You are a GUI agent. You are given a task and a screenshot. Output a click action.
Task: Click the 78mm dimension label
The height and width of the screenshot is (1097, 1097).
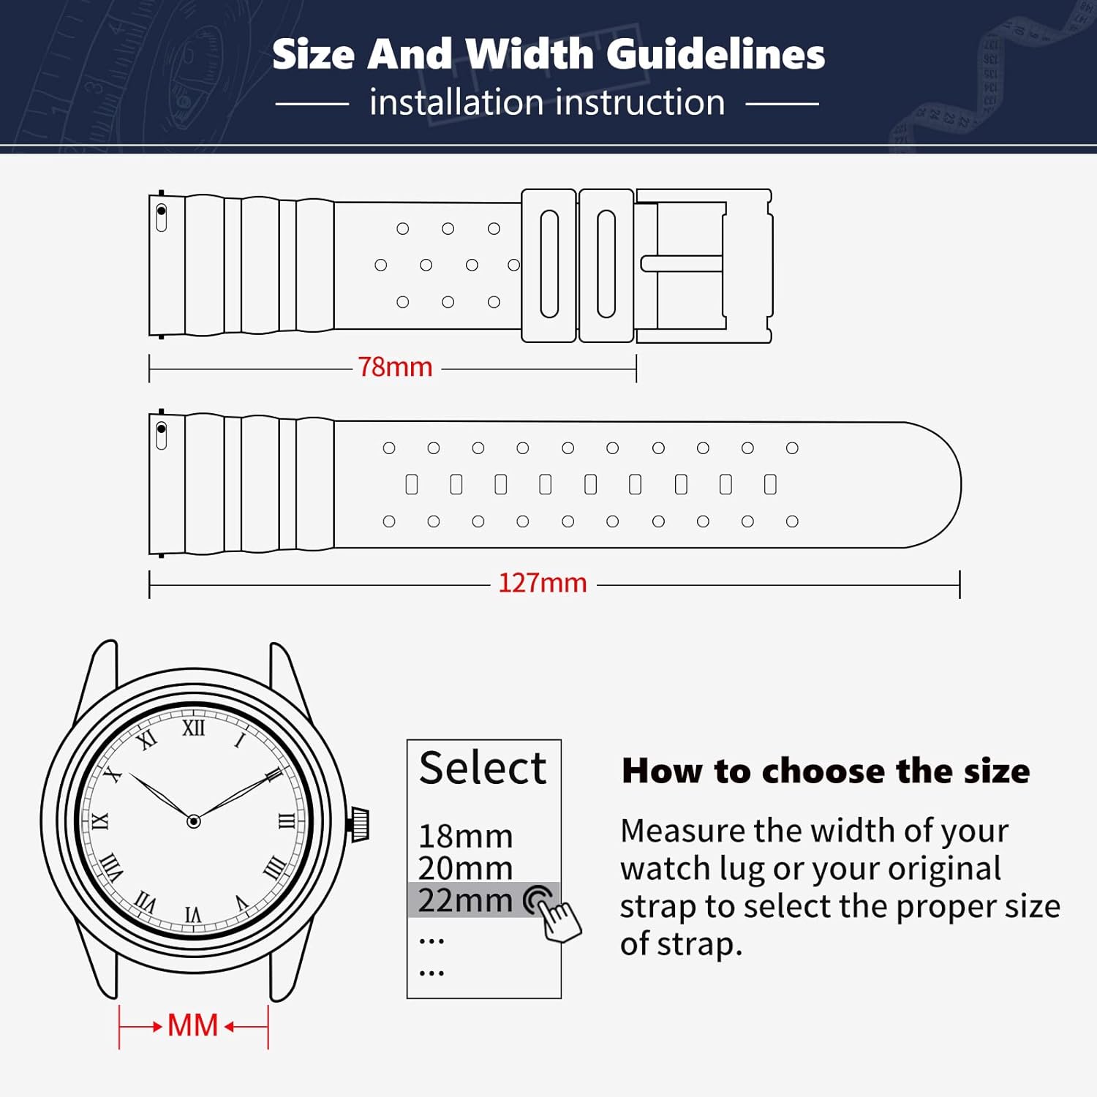[395, 366]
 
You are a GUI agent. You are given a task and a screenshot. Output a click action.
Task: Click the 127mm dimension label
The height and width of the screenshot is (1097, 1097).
[543, 583]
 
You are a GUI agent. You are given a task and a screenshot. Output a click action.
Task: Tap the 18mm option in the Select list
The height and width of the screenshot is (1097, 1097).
[465, 836]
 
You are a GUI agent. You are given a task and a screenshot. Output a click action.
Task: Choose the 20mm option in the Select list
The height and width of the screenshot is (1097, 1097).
[465, 868]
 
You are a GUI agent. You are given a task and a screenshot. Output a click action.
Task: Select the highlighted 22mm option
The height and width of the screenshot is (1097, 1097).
[465, 900]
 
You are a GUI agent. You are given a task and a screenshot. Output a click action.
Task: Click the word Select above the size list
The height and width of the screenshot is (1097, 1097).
[483, 768]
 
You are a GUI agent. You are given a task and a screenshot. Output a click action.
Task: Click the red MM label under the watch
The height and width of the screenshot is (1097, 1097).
[193, 1025]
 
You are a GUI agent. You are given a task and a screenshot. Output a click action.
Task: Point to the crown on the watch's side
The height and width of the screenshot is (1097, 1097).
[360, 823]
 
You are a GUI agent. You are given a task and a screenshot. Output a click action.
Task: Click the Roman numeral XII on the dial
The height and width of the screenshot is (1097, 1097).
[194, 728]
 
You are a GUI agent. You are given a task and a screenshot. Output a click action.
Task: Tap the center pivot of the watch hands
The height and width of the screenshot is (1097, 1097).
[194, 821]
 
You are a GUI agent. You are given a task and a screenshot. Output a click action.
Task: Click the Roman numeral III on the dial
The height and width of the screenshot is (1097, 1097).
[287, 821]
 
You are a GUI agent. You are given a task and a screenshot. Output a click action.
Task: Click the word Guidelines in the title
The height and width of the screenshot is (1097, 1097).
[716, 54]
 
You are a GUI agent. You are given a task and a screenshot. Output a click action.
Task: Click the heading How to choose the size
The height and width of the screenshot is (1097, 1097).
[826, 771]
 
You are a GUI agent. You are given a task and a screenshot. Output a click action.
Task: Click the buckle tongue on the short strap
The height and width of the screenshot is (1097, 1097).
[682, 263]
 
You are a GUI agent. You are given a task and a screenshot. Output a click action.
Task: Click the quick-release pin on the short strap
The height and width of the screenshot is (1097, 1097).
[162, 216]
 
